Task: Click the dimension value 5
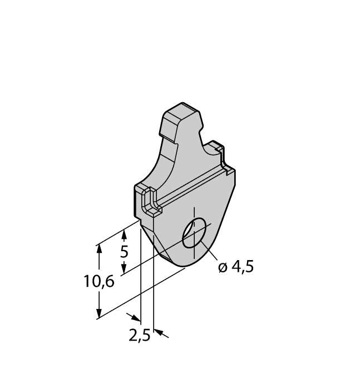click(124, 252)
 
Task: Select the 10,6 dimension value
click(99, 282)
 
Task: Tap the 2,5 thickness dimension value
click(140, 337)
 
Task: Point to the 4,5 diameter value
click(242, 267)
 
